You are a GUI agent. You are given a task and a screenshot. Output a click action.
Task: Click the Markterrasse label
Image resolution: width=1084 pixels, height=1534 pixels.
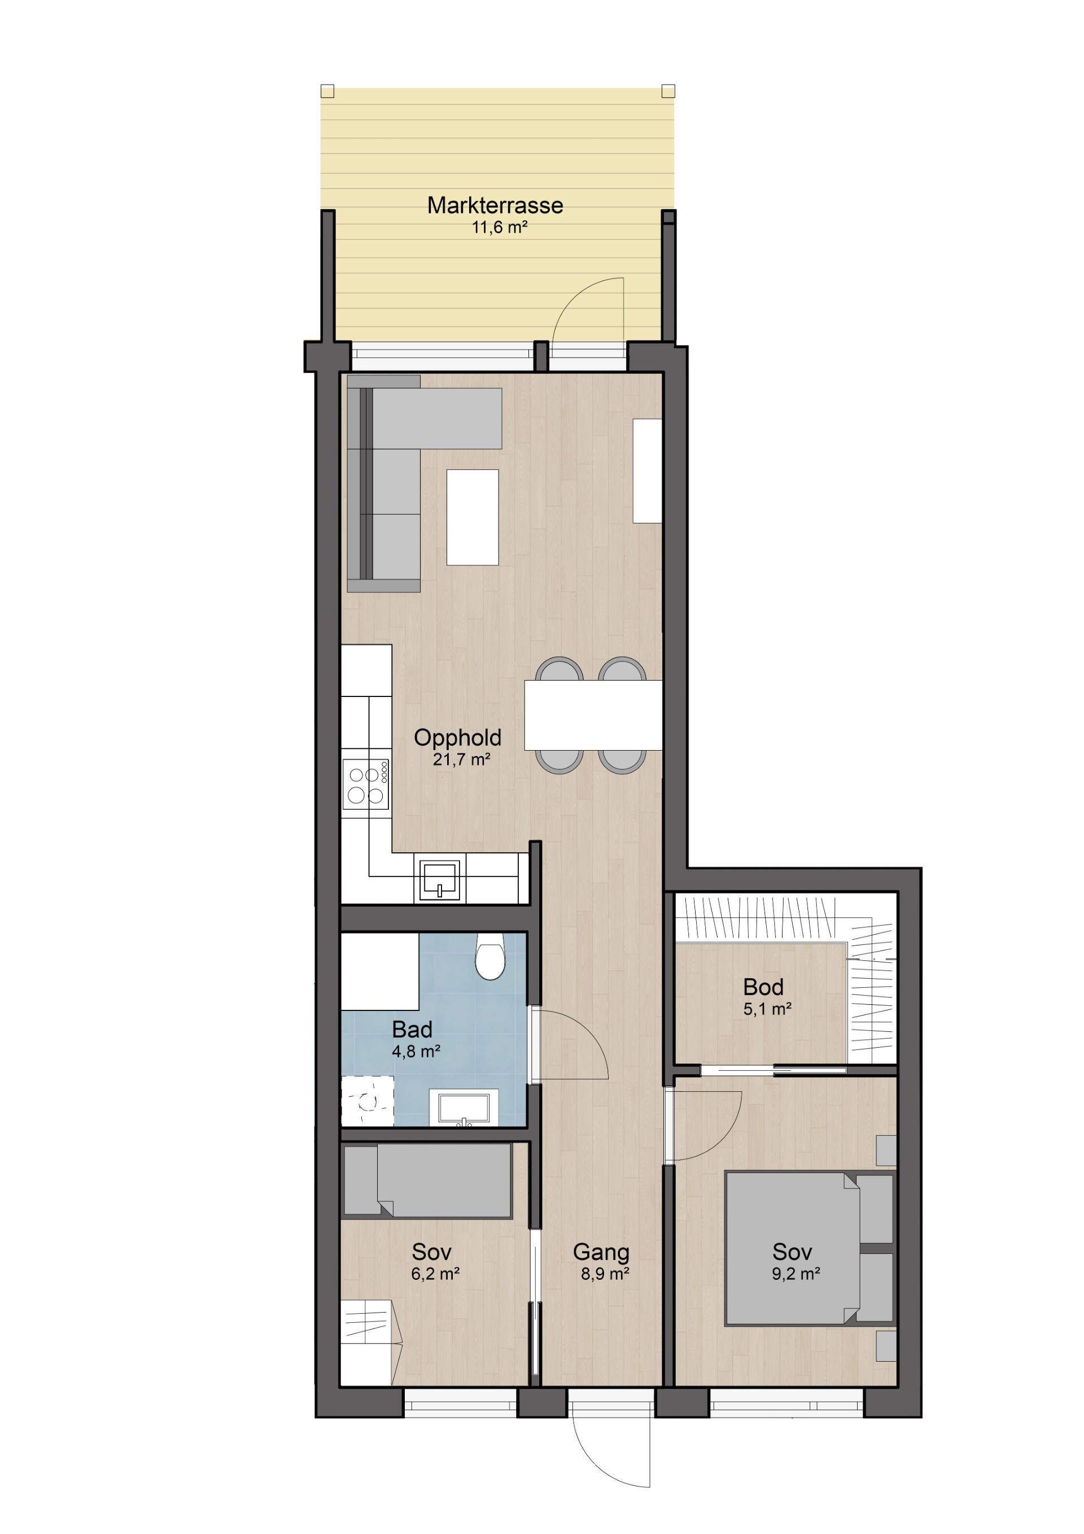tap(495, 205)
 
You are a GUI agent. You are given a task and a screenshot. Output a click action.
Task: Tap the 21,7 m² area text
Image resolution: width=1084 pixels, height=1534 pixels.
tap(461, 760)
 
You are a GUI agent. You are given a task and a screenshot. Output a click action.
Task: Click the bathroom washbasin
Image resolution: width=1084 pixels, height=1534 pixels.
tap(464, 1108)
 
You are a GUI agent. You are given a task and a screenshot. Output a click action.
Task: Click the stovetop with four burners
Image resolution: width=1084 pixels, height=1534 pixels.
tap(366, 785)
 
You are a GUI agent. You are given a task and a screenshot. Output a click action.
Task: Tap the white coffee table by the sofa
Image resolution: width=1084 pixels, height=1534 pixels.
tap(472, 517)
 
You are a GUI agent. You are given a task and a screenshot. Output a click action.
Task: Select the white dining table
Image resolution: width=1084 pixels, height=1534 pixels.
tap(593, 715)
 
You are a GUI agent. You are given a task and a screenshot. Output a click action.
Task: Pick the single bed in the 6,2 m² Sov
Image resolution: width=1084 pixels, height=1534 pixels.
tap(427, 1180)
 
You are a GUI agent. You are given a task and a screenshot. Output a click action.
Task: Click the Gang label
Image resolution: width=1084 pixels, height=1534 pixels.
tap(601, 1252)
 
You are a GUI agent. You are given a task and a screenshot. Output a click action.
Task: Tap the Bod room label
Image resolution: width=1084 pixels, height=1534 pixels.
tap(763, 987)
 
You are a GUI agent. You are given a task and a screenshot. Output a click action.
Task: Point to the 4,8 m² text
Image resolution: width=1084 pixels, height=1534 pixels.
tap(416, 1052)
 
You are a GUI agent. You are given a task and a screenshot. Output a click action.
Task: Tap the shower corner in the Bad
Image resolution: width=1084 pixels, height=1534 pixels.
tap(368, 1102)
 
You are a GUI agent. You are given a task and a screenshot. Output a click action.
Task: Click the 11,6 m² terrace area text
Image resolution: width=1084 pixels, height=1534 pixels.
tap(500, 227)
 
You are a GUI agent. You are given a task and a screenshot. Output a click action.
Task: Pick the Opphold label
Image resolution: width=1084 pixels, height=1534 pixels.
tap(457, 738)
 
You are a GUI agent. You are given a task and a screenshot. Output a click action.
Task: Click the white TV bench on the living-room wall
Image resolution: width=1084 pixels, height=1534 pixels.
tap(647, 470)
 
